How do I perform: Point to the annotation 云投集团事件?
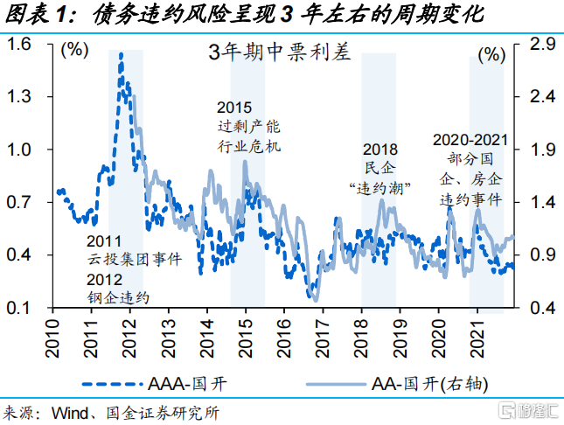click(x=134, y=261)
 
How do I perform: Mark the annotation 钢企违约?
click(x=119, y=298)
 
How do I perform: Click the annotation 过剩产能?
click(x=249, y=128)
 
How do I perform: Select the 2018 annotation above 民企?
click(x=379, y=150)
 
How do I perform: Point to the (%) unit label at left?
click(x=74, y=51)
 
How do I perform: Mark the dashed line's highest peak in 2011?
click(x=121, y=54)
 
